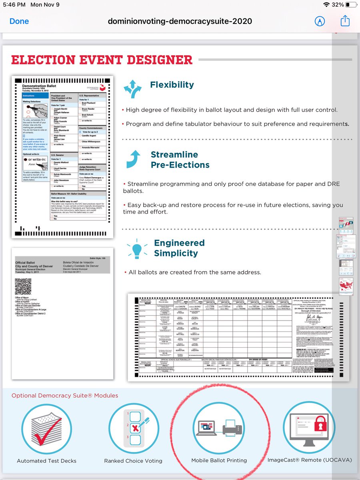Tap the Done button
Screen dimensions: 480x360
pos(19,21)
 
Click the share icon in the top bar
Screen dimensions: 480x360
pos(345,21)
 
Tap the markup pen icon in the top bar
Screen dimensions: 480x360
pos(320,21)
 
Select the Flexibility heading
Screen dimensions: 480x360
pos(172,85)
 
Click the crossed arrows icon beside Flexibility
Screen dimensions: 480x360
pos(132,89)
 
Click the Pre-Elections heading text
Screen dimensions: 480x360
pos(180,165)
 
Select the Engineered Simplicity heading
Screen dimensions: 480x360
pos(179,248)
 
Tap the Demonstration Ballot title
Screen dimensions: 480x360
pos(39,86)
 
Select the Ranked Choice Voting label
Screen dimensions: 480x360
pos(133,461)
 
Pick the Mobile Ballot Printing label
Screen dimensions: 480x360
pos(219,460)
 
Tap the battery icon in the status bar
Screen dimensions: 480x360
pos(351,5)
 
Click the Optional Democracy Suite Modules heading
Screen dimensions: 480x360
pos(65,396)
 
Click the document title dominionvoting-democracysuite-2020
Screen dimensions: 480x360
pos(180,21)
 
